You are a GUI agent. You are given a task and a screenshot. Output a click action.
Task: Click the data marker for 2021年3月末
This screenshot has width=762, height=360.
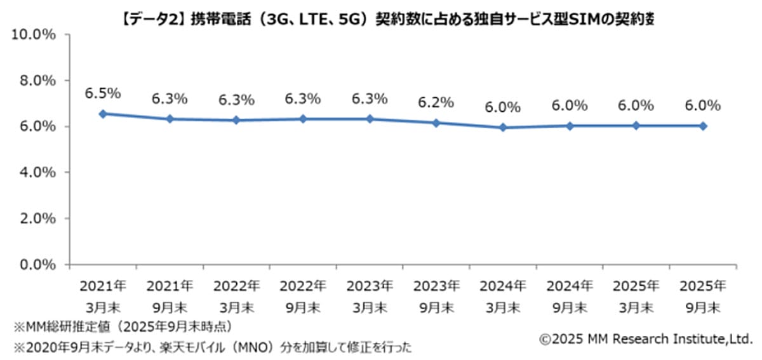[102, 114]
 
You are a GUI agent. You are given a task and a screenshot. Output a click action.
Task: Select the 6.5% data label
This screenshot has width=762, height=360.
[103, 93]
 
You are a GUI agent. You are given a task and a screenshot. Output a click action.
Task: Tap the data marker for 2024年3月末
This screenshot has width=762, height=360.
[503, 128]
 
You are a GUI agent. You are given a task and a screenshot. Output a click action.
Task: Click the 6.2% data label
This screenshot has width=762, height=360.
[436, 102]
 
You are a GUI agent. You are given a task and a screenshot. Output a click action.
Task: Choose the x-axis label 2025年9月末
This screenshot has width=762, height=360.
[703, 296]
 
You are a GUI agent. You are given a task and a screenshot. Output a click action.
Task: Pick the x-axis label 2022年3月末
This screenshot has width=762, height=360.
[236, 296]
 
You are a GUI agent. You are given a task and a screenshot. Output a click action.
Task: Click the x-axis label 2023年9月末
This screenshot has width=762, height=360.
[436, 296]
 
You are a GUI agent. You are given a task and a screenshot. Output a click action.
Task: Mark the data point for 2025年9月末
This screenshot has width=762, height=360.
[703, 126]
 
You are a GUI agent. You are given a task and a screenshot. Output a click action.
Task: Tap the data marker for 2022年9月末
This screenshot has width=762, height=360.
[303, 119]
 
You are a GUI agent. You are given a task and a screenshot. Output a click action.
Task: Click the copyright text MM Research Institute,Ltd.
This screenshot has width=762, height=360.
[646, 340]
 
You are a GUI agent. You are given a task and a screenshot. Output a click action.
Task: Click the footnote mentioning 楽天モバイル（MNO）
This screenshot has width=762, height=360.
[213, 347]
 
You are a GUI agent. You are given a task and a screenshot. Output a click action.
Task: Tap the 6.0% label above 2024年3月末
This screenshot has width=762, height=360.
[503, 107]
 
